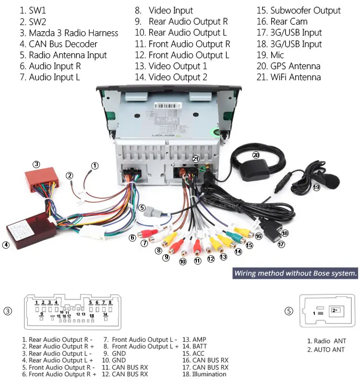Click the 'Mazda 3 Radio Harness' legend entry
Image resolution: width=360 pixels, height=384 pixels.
tap(69, 33)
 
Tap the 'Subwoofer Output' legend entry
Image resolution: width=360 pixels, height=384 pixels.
tap(299, 11)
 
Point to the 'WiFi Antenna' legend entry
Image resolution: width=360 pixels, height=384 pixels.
tap(289, 77)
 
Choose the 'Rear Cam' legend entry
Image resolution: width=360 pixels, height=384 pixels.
tap(282, 22)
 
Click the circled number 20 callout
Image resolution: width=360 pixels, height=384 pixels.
tap(256, 155)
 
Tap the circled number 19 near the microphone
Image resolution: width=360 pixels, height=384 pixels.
tap(316, 188)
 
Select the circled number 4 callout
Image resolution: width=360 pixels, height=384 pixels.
tap(6, 245)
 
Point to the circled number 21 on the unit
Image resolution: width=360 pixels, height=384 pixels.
tap(195, 159)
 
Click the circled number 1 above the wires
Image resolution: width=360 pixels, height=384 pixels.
tap(95, 166)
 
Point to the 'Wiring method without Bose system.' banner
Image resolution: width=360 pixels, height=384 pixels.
tap(295, 274)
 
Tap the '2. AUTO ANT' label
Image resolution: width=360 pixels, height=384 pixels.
tap(325, 349)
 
